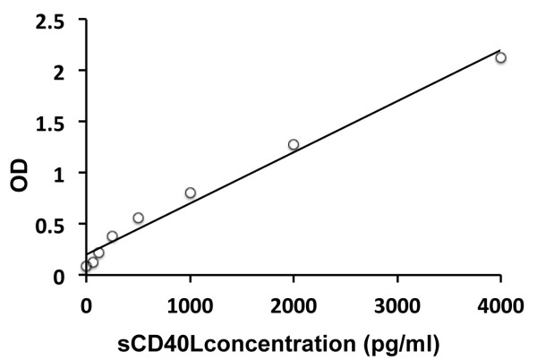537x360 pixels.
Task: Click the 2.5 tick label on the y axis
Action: [55, 20]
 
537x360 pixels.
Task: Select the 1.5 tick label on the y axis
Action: [55, 122]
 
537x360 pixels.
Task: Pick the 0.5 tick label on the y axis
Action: [55, 224]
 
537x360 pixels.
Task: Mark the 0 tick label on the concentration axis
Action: [86, 304]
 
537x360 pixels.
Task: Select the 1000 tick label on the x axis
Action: [190, 304]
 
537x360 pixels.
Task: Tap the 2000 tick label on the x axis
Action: [294, 304]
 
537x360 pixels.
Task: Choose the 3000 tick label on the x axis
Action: [397, 304]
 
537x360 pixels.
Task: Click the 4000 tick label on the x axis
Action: [500, 304]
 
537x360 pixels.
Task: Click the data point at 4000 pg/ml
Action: [501, 57]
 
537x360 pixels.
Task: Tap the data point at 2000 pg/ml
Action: [294, 144]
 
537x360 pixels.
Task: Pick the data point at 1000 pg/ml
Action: [190, 193]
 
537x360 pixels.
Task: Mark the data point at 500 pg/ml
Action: [138, 218]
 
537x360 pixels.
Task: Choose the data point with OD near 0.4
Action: [112, 236]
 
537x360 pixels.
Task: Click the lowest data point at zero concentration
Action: [86, 266]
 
